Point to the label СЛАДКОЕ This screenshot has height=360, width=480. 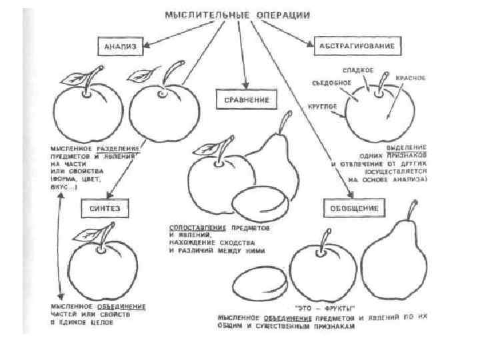[x=357, y=70]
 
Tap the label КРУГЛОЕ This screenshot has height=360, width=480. [x=321, y=107]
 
